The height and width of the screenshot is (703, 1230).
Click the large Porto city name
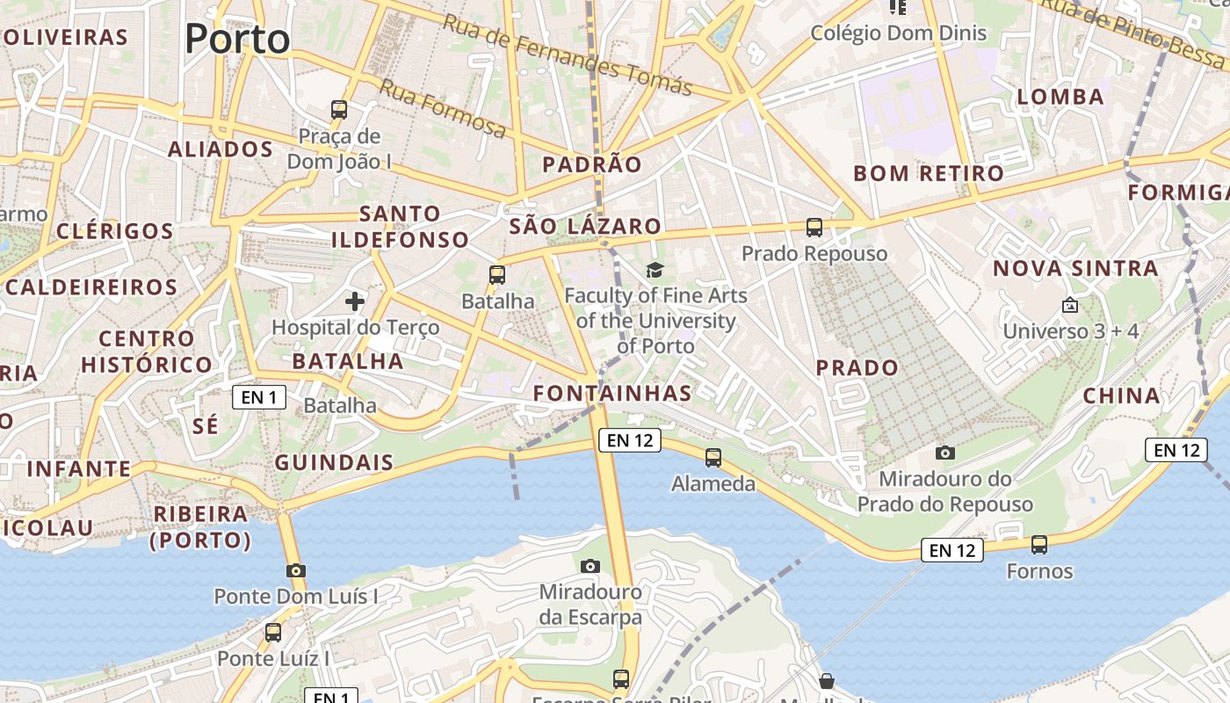pos(237,39)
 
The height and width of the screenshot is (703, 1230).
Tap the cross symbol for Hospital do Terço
pos(355,301)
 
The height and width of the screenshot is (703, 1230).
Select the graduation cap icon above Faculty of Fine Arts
pos(655,270)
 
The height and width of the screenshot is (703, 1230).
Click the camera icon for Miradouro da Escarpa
pos(590,566)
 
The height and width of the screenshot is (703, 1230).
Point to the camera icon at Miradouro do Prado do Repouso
pos(945,453)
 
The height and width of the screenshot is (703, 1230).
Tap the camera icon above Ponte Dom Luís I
pos(296,570)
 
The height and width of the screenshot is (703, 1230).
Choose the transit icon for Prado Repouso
pos(814,228)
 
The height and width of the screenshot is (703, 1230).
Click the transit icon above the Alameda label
pos(713,458)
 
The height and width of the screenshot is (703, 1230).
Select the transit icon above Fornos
pos(1039,545)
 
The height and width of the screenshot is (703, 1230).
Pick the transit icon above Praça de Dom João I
pos(339,110)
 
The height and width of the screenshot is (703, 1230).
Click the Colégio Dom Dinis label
pos(899,33)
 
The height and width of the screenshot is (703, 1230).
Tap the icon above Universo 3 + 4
pos(1070,306)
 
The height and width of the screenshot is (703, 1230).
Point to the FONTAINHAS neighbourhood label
pos(612,393)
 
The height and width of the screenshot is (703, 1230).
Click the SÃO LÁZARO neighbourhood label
pos(585,226)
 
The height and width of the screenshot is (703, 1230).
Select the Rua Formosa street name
pos(443,109)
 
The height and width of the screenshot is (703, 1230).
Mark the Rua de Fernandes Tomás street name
pos(568,55)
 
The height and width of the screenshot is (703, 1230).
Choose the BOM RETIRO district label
pos(929,173)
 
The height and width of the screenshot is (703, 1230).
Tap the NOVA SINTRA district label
pos(1075,268)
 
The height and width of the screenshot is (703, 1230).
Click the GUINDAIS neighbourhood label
pos(334,462)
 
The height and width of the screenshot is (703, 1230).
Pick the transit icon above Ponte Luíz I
pos(273,632)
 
